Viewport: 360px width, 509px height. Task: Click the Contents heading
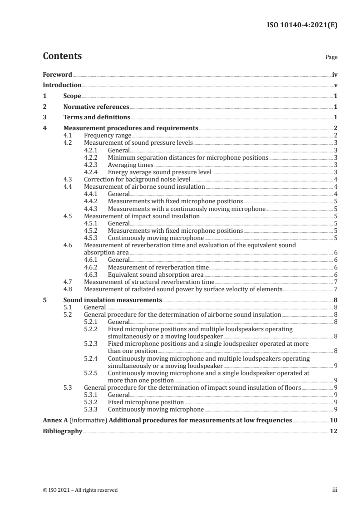62,56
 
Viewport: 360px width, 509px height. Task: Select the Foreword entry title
57,74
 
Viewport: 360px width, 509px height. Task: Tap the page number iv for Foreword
335,74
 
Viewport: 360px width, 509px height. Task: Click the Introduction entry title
62,85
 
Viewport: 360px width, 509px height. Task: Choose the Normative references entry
96,107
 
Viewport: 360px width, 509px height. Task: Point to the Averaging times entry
130,165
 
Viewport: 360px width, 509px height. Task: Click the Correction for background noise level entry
133,179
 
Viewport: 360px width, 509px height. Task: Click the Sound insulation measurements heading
113,300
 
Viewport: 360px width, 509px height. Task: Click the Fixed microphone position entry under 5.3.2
146,402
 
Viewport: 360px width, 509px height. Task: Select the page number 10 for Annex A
334,420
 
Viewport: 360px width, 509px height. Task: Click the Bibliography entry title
62,431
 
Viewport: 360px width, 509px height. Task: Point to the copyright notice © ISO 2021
80,490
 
